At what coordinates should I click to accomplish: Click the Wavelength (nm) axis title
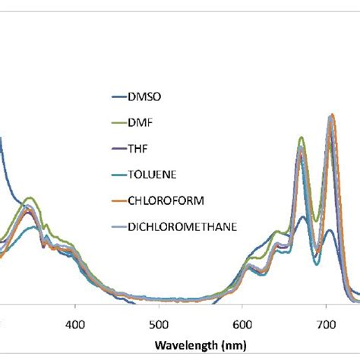[x=199, y=345]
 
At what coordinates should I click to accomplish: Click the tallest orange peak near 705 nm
[x=331, y=115]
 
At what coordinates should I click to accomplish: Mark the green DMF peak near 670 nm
[x=302, y=137]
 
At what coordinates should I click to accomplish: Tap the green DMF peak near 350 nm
[x=30, y=198]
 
